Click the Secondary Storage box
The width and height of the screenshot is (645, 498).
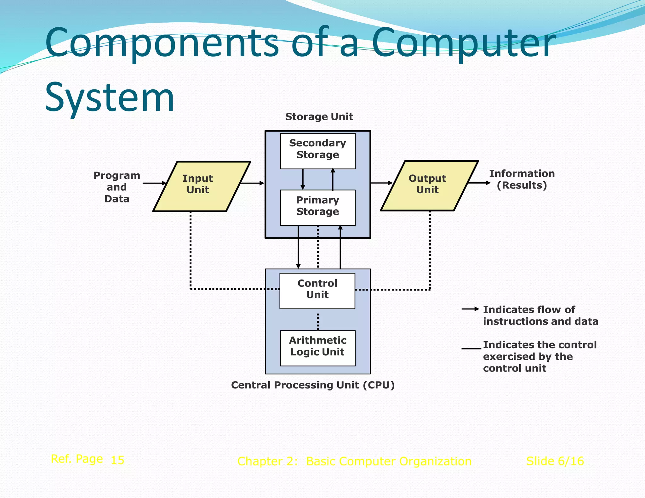coord(317,151)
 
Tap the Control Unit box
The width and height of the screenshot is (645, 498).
coord(317,291)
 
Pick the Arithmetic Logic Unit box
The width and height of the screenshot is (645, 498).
coord(317,348)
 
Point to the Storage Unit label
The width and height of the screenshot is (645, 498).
coord(319,117)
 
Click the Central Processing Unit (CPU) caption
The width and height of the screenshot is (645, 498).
coord(313,385)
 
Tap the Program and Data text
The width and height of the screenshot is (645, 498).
coord(117,187)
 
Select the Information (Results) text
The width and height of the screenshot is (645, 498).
coord(522,179)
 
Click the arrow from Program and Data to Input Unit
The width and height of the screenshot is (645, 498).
coord(154,183)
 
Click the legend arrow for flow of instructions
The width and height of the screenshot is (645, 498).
coord(470,309)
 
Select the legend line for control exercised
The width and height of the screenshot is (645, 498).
coord(471,348)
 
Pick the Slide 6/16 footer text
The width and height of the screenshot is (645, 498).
coord(555,461)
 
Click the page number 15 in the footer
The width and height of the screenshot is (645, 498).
coord(117,460)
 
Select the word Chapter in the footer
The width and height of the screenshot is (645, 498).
coord(260,461)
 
